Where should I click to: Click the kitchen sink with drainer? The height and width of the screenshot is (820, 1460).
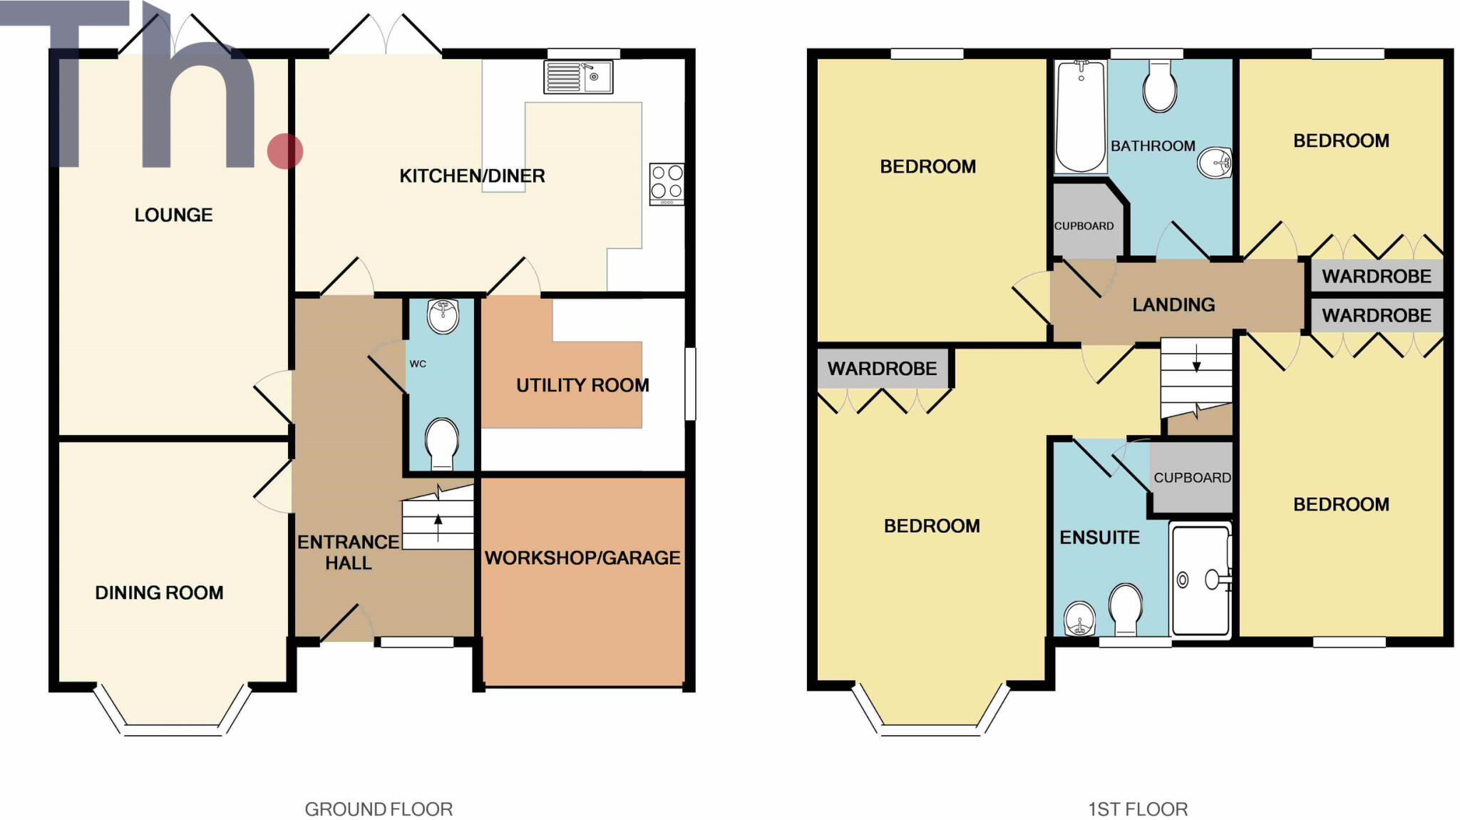(x=578, y=77)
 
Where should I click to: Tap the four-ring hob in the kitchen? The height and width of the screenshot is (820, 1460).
(x=667, y=184)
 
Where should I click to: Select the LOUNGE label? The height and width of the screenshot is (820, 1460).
(x=173, y=215)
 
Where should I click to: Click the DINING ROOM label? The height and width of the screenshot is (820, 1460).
(x=159, y=593)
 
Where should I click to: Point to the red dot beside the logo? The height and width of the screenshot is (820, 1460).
(x=285, y=151)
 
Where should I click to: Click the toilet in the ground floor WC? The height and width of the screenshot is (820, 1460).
(x=441, y=443)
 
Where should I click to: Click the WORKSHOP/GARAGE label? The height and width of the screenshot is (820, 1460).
(x=582, y=558)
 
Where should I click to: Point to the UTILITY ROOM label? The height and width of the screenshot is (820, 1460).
(x=582, y=385)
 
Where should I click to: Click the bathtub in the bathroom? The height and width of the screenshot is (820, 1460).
(x=1080, y=116)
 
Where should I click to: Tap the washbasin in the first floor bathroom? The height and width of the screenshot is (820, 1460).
(x=1214, y=163)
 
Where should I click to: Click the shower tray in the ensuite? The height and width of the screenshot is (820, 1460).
(x=1201, y=580)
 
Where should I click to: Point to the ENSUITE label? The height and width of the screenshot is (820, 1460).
(x=1099, y=538)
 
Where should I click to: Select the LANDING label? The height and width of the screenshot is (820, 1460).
(x=1173, y=304)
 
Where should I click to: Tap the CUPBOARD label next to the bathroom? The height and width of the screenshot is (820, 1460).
(x=1084, y=226)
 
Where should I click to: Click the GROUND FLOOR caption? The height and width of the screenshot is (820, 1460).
(x=379, y=809)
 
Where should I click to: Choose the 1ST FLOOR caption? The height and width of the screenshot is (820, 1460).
(x=1138, y=809)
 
